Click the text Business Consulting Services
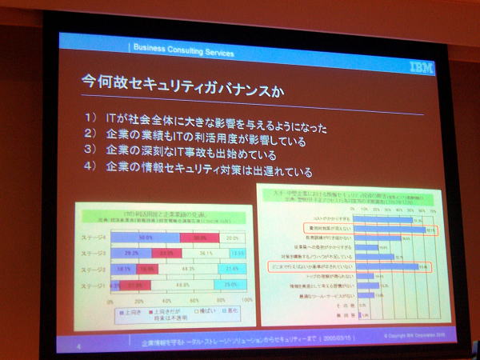(183, 53)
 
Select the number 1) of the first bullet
(92, 118)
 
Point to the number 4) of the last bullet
(90, 167)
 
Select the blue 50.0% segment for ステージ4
(146, 238)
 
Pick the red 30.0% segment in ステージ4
(200, 238)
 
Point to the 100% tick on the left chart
(247, 302)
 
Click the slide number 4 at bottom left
(78, 346)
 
